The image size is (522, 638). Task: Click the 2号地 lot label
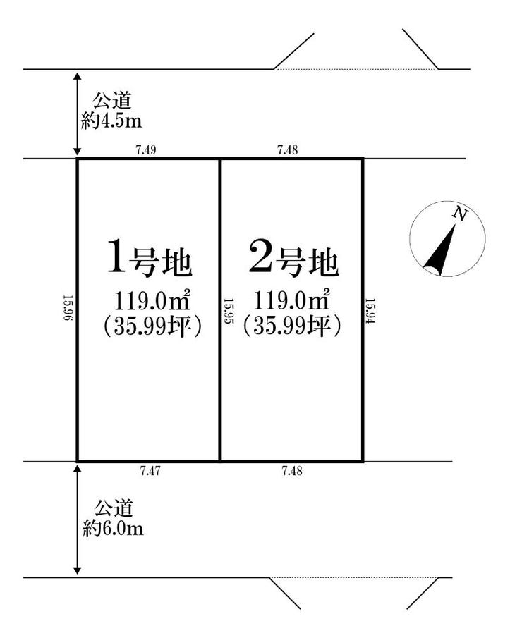tap(293, 259)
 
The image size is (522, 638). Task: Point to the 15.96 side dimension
tap(68, 308)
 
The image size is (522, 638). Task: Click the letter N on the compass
tap(460, 214)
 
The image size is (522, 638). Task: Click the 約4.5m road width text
tap(111, 121)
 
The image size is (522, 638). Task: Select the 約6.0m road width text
tap(113, 528)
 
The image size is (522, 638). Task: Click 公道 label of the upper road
tap(112, 102)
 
